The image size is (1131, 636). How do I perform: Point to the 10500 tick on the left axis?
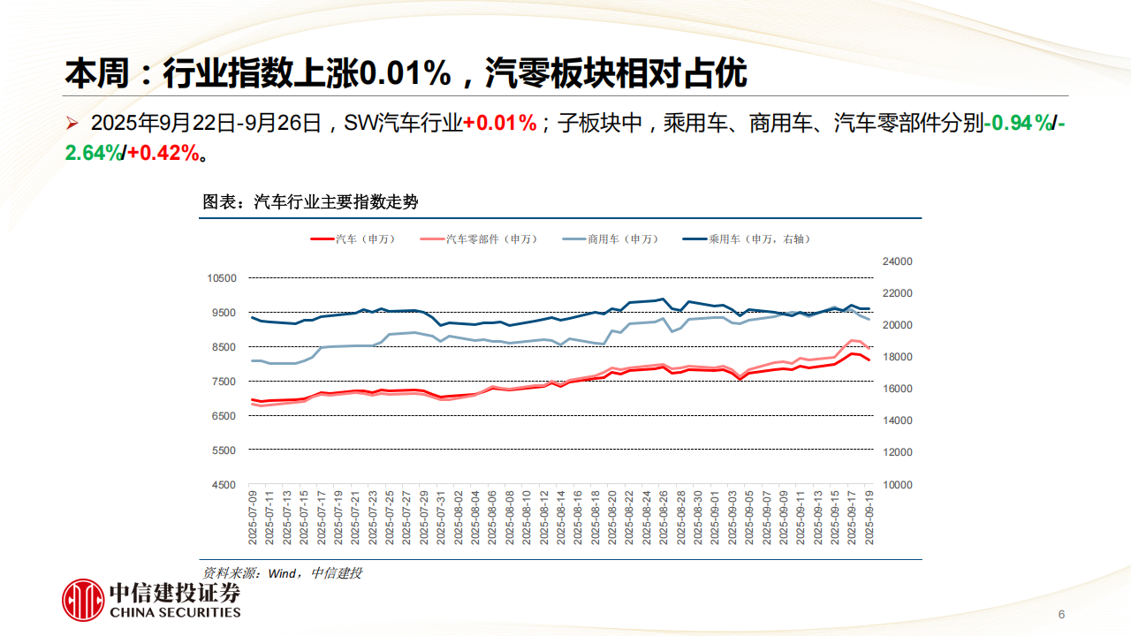tap(222, 278)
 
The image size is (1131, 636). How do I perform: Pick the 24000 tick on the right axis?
tap(897, 261)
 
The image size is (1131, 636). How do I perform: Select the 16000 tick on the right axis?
tap(897, 389)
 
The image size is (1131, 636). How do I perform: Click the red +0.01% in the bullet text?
tap(500, 124)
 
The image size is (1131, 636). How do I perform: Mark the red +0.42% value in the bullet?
tap(163, 153)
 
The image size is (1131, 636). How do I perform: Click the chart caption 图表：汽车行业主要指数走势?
tap(310, 202)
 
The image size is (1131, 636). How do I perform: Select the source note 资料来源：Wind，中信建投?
tap(282, 573)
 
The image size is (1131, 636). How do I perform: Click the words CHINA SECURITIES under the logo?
tap(174, 612)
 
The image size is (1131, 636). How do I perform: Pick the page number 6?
tap(1061, 615)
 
